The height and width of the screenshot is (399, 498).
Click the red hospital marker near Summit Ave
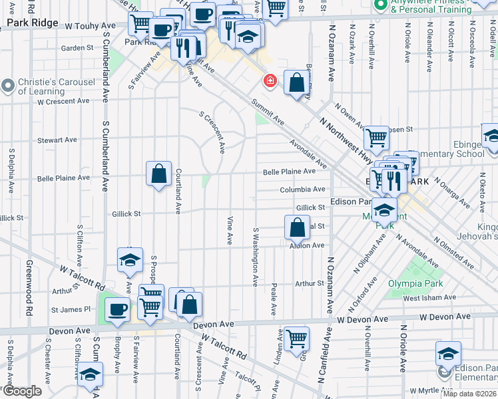coord(270,81)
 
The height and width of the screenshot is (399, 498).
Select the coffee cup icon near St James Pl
coord(118,309)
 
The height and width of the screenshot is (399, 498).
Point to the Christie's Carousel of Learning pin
coord(8,85)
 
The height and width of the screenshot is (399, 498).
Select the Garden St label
coord(77,48)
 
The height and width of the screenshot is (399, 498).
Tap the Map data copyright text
coord(469,394)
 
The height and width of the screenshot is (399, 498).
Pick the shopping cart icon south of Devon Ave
coord(296,338)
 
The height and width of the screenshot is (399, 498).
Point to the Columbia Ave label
coord(302,190)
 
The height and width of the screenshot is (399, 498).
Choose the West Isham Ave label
coord(428,298)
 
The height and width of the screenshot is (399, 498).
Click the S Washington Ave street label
coord(255,257)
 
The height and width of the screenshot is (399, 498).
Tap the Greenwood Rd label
coord(29,297)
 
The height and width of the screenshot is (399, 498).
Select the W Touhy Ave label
coord(90,25)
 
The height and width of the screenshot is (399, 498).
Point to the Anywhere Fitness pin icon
coord(381,5)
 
